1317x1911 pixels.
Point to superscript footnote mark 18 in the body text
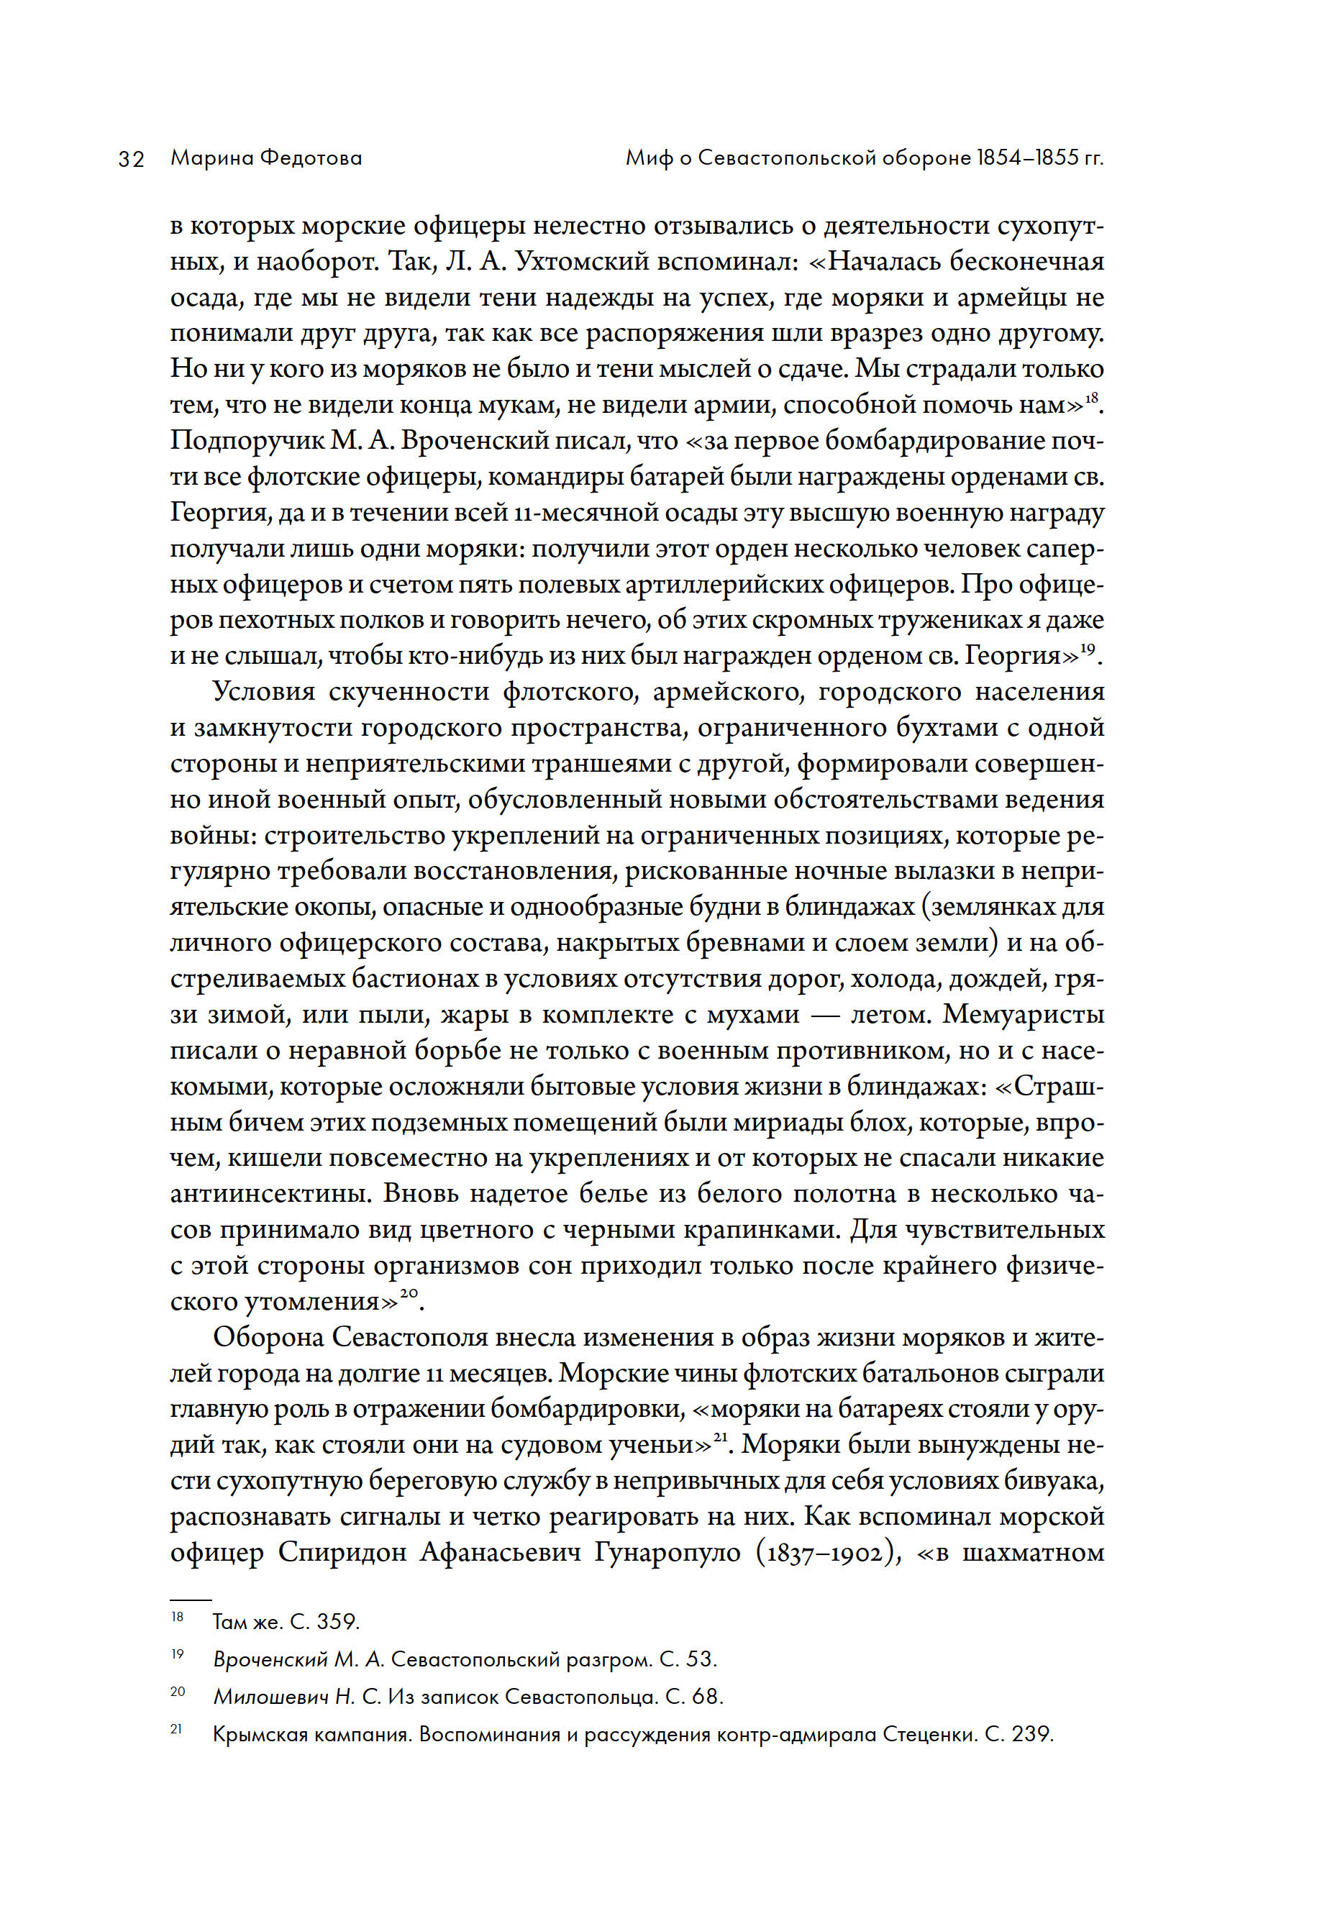tap(1092, 398)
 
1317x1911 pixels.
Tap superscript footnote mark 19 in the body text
tap(1088, 649)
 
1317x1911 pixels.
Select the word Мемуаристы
tap(1024, 1014)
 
